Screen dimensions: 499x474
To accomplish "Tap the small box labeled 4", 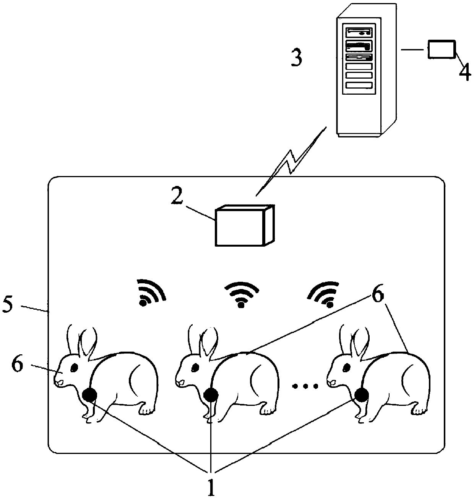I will click(442, 49).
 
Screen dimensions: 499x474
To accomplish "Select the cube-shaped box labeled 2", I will click(244, 225).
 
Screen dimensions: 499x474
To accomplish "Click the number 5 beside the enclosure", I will click(8, 306).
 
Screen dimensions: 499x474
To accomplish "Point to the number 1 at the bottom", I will click(211, 484).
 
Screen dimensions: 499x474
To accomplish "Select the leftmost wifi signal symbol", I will click(151, 293).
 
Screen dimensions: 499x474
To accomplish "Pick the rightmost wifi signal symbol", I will click(324, 294).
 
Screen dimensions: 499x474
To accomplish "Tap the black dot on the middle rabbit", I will click(211, 395).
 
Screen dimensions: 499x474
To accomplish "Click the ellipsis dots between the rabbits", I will click(305, 386).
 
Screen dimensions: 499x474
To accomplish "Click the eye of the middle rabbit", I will click(195, 367).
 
